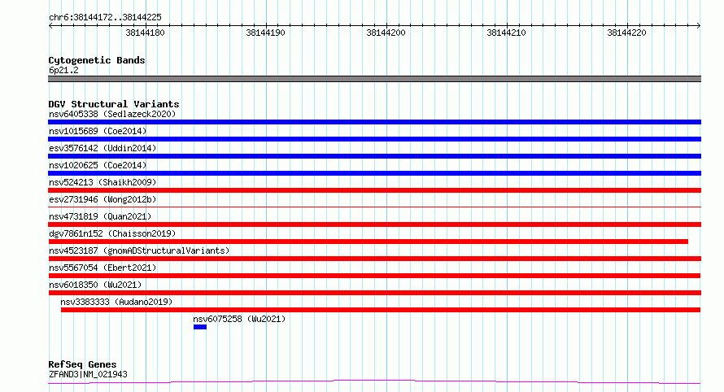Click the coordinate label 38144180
tap(145, 33)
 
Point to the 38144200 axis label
tap(386, 33)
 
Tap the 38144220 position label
tap(626, 33)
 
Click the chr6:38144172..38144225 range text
tap(105, 18)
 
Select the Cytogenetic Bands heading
tap(97, 60)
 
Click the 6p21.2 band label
tap(63, 70)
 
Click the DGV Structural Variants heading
tap(114, 104)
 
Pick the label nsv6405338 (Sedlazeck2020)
tap(112, 114)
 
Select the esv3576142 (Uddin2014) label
tap(102, 148)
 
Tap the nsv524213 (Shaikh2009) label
tap(102, 182)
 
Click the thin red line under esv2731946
tap(374, 207)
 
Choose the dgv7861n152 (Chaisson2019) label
tap(112, 233)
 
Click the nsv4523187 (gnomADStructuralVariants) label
tap(139, 250)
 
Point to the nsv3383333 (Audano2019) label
tap(116, 302)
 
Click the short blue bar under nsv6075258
tap(200, 327)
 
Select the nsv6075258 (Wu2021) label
tap(239, 319)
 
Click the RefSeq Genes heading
tap(82, 364)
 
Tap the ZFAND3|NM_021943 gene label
tap(88, 374)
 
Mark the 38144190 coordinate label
tap(265, 33)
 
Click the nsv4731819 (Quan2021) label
tap(100, 216)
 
